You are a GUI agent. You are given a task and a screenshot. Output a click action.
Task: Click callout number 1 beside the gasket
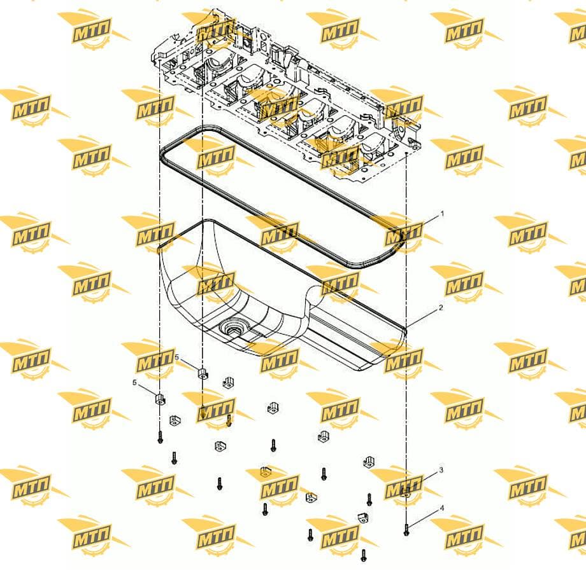(x=443, y=214)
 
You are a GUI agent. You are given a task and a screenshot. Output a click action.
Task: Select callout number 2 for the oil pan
(x=441, y=308)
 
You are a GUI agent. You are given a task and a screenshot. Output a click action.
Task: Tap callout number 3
(x=441, y=470)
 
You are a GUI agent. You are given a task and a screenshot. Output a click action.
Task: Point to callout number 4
(x=442, y=508)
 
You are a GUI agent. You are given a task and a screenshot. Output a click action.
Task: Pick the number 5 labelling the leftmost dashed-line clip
(x=135, y=383)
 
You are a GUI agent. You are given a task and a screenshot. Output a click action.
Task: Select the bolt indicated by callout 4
(x=406, y=530)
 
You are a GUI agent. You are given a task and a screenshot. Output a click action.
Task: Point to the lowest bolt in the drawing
(x=364, y=555)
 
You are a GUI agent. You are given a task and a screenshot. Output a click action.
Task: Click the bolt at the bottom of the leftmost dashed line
(x=161, y=438)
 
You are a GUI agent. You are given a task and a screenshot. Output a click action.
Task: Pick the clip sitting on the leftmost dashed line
(x=160, y=399)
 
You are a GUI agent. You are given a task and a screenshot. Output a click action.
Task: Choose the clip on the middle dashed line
(x=203, y=373)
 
